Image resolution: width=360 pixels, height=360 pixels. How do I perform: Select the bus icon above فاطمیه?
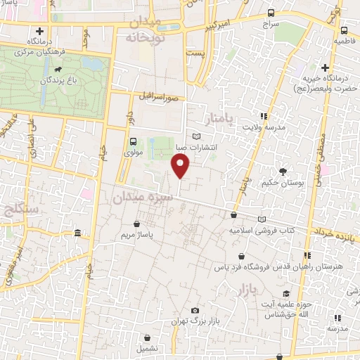coord(344,31)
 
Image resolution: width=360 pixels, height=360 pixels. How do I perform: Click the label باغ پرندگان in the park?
coord(49,82)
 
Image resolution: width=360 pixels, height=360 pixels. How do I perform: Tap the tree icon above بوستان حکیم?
coord(283,172)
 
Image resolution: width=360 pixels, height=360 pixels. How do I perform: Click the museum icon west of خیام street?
coord(77,233)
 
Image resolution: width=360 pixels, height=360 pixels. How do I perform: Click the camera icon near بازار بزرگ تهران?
coord(195,310)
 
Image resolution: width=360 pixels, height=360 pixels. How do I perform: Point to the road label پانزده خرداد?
coord(336,233)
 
